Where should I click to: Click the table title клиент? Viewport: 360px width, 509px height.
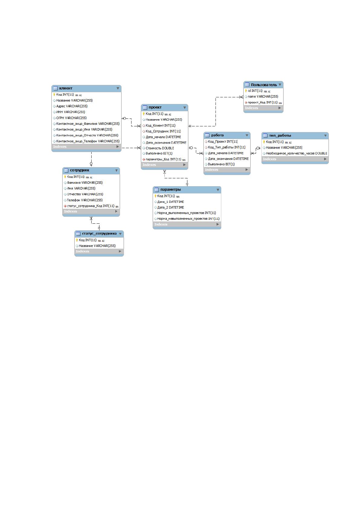click(x=66, y=88)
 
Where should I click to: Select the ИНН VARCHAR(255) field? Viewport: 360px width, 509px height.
click(x=71, y=112)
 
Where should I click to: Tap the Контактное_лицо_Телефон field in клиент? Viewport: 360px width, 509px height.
click(x=88, y=141)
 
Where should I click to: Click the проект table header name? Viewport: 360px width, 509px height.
click(x=155, y=107)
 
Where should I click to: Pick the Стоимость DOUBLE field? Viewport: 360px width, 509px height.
click(x=160, y=148)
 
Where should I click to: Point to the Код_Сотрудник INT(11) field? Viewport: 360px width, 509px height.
click(x=163, y=131)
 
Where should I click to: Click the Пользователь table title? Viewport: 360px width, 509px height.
click(x=264, y=85)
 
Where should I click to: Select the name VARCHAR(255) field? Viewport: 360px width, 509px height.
click(x=263, y=97)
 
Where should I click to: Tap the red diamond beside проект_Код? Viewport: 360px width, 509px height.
click(x=246, y=102)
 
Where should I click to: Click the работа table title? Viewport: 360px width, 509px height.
click(x=217, y=135)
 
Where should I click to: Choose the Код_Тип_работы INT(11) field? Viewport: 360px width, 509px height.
click(x=227, y=147)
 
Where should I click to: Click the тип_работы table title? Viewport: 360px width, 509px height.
click(x=280, y=135)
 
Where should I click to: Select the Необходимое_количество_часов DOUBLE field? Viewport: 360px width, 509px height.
click(x=297, y=153)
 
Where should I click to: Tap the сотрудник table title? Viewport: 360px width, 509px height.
click(x=79, y=170)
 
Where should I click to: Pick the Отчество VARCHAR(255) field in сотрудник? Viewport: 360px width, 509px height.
click(x=85, y=194)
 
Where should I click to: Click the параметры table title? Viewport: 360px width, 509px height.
click(x=171, y=190)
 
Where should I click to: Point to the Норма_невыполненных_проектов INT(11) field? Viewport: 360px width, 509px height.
click(x=188, y=219)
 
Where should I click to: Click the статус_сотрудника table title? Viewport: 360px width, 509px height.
click(x=99, y=234)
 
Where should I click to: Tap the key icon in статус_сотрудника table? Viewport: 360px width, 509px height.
click(x=77, y=240)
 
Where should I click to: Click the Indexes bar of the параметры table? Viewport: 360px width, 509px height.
click(x=187, y=224)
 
